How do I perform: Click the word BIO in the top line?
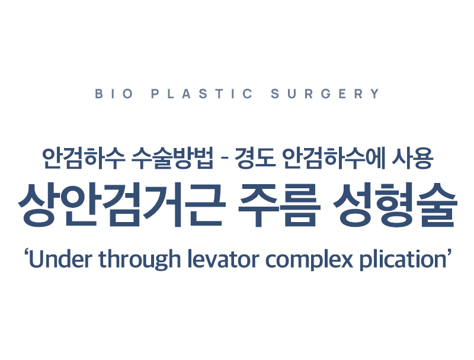pyautogui.click(x=114, y=94)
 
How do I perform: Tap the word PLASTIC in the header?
pyautogui.click(x=201, y=94)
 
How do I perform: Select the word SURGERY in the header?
pyautogui.click(x=325, y=94)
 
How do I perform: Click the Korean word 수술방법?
pyautogui.click(x=173, y=158)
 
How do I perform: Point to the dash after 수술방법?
pyautogui.click(x=224, y=159)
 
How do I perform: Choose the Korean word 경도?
pyautogui.click(x=255, y=158)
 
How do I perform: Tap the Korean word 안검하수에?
pyautogui.click(x=334, y=158)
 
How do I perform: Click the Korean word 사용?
pyautogui.click(x=413, y=158)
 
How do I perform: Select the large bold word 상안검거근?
pyautogui.click(x=122, y=204)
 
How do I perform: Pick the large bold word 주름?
pyautogui.click(x=279, y=204)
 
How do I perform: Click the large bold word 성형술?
pyautogui.click(x=395, y=204)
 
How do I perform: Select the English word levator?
pyautogui.click(x=223, y=259)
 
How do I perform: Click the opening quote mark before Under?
pyautogui.click(x=26, y=252)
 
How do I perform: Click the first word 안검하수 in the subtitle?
pyautogui.click(x=84, y=158)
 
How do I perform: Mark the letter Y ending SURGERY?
pyautogui.click(x=376, y=94)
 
